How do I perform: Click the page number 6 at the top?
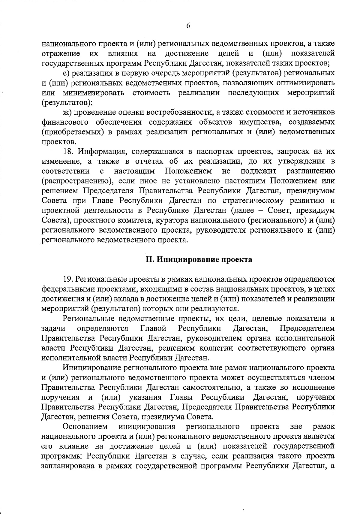[x=188, y=26]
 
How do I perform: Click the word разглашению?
[x=310, y=171]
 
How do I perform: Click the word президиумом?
[x=312, y=191]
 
